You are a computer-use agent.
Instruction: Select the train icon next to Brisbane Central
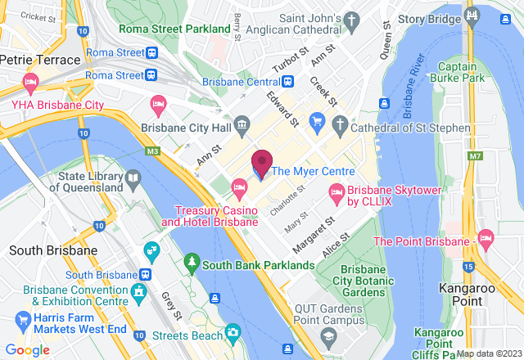(288, 82)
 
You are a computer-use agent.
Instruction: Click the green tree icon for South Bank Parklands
(192, 263)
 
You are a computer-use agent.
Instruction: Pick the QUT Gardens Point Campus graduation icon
(327, 336)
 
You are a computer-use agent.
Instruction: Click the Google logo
(26, 350)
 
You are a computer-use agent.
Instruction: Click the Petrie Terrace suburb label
(40, 60)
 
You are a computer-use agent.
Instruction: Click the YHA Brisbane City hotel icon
(30, 83)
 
